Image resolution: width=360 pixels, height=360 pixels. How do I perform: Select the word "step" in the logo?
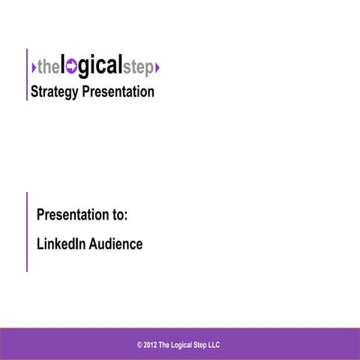point(137,69)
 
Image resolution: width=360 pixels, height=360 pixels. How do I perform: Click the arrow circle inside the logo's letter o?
point(72,68)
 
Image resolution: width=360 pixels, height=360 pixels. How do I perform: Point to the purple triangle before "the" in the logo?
point(34,69)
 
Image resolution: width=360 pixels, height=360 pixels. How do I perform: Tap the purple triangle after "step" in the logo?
point(157,69)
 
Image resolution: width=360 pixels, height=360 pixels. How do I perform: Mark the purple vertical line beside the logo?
point(27,74)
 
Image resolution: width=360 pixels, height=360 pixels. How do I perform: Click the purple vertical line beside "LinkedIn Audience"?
point(27,231)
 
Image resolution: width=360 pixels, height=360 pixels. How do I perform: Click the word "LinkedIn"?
point(62,244)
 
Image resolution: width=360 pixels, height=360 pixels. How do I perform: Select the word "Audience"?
point(116,244)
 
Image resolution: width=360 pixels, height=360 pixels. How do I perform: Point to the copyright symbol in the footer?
point(139,345)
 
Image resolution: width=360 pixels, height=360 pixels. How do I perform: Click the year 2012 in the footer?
point(151,345)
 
